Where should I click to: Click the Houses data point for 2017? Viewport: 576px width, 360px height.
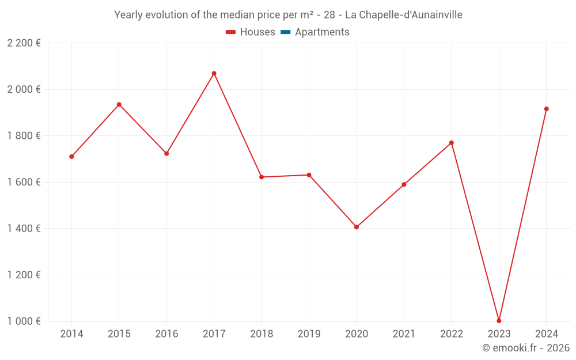point(214,73)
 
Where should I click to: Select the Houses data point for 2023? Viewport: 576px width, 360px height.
point(499,321)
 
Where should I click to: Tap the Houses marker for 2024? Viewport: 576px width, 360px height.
point(547,109)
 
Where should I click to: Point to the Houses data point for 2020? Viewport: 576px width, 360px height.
point(357,227)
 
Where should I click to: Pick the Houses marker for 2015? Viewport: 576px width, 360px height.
point(119,104)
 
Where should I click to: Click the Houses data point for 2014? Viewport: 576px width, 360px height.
point(71,157)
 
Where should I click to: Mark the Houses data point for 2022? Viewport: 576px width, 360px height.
point(452,143)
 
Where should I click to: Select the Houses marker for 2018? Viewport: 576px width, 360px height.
point(262,177)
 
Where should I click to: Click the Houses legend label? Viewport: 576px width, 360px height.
point(257,32)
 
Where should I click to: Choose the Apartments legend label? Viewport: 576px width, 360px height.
point(322,32)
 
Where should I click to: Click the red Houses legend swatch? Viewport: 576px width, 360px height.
point(230,32)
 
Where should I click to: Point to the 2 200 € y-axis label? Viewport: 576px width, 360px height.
point(24,43)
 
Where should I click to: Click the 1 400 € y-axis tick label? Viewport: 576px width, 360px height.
point(24,229)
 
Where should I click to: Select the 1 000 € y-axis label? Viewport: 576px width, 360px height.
point(24,321)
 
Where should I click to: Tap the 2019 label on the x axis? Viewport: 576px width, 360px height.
point(309,334)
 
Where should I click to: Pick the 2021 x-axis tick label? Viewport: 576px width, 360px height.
point(404,334)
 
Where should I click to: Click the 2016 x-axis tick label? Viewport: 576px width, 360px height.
point(166,334)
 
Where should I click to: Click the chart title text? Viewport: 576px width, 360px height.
point(288,15)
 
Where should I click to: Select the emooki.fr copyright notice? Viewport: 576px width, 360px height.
point(525,348)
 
